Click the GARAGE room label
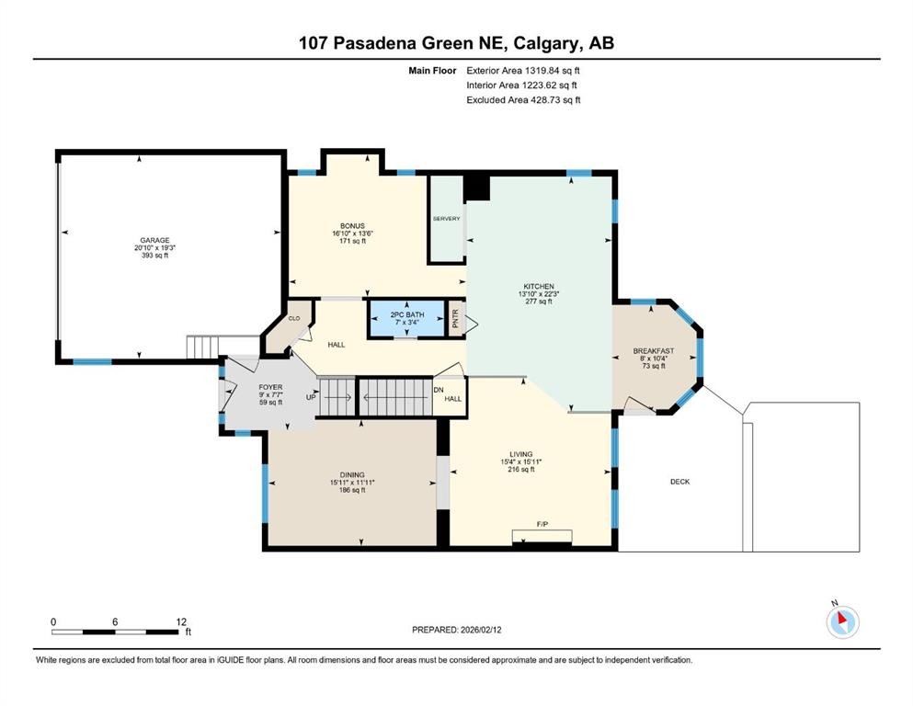click(x=154, y=240)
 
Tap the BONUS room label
click(x=352, y=226)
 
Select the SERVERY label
click(x=446, y=219)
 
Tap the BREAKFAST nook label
click(x=653, y=351)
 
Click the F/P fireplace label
click(x=543, y=524)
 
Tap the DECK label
click(x=679, y=482)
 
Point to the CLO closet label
click(x=294, y=318)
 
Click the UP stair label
click(x=311, y=397)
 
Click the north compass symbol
click(x=842, y=621)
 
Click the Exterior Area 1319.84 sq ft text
click(x=523, y=70)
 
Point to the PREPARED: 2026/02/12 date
click(x=456, y=630)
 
